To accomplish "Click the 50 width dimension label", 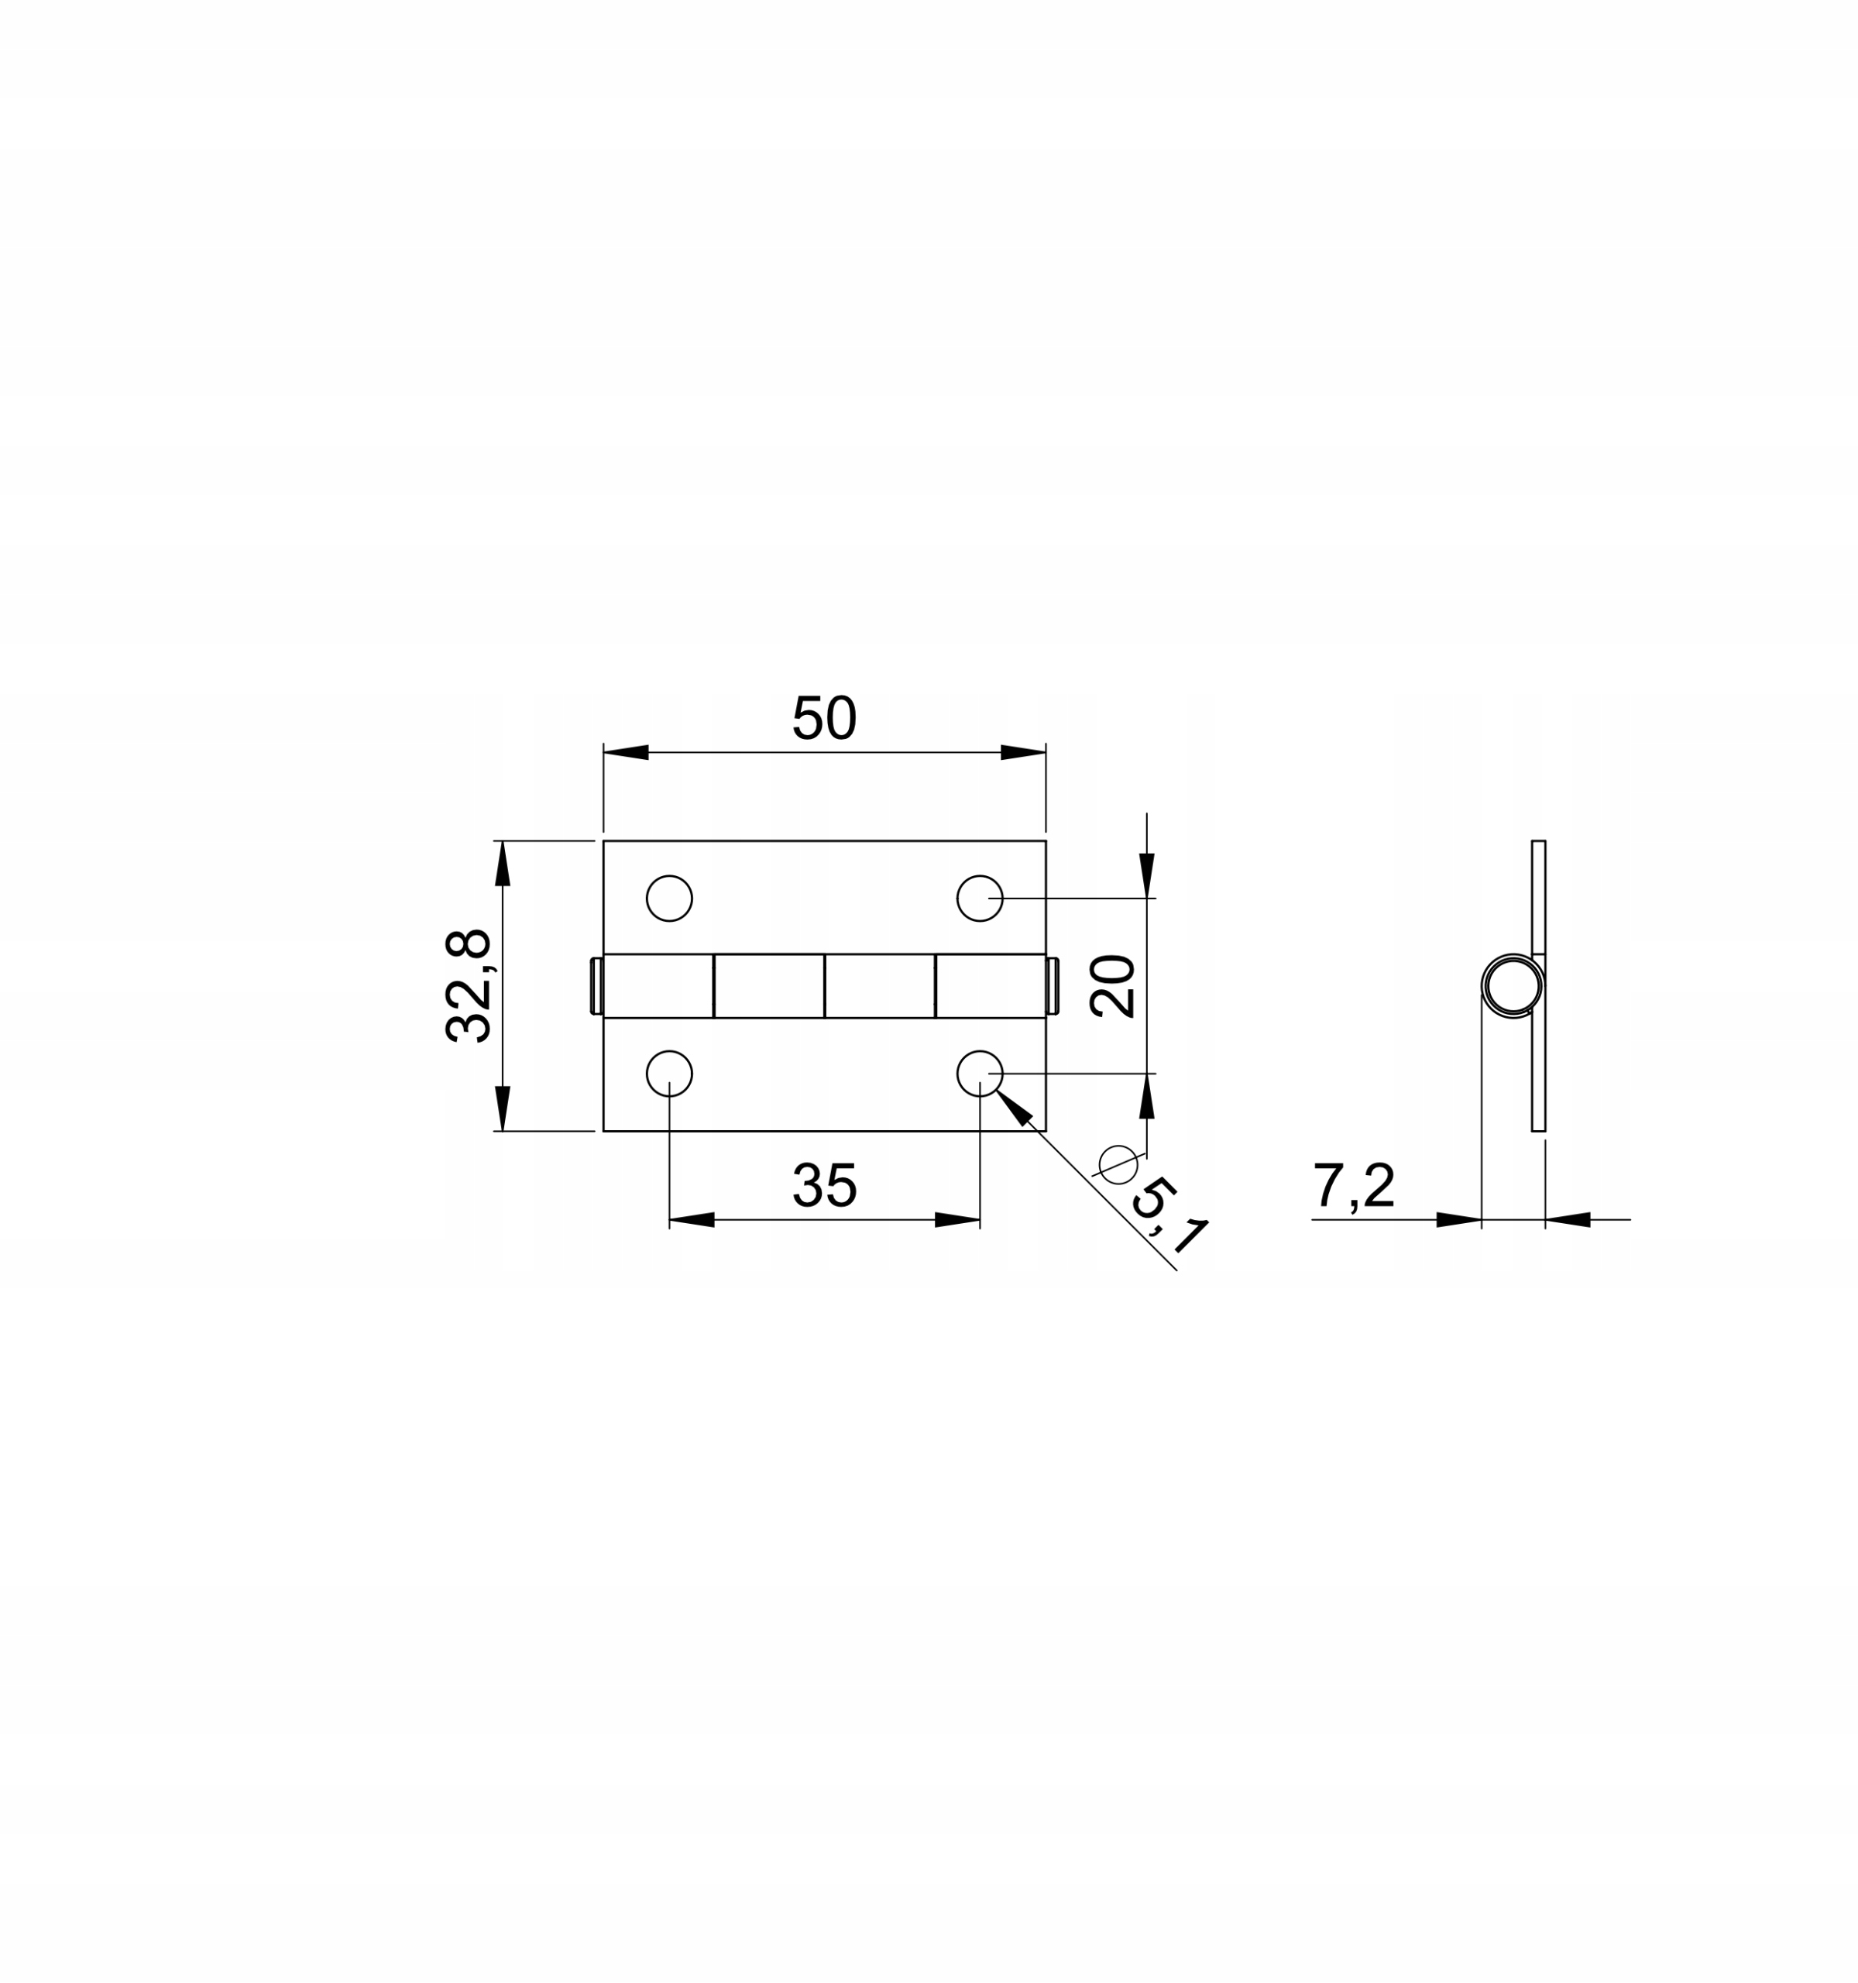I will pyautogui.click(x=824, y=717).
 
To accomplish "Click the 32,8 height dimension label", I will pyautogui.click(x=468, y=985).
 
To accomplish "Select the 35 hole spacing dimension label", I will pyautogui.click(x=824, y=1185).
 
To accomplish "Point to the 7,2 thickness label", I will pyautogui.click(x=1352, y=1185).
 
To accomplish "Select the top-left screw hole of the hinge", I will pyautogui.click(x=669, y=898).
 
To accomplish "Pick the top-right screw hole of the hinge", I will pyautogui.click(x=980, y=898).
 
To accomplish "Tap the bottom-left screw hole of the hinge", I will pyautogui.click(x=669, y=1074).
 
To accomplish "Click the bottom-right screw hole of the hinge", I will pyautogui.click(x=980, y=1074).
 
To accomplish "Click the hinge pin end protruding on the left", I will pyautogui.click(x=596, y=985).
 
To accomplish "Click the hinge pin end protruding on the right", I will pyautogui.click(x=1053, y=985).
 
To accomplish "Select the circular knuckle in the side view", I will pyautogui.click(x=1512, y=985).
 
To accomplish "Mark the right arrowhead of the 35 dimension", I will pyautogui.click(x=957, y=1219).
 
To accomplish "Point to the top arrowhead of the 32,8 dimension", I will pyautogui.click(x=503, y=864).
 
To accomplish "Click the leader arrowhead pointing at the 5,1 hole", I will pyautogui.click(x=1012, y=1106).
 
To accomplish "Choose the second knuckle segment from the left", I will pyautogui.click(x=769, y=985).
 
